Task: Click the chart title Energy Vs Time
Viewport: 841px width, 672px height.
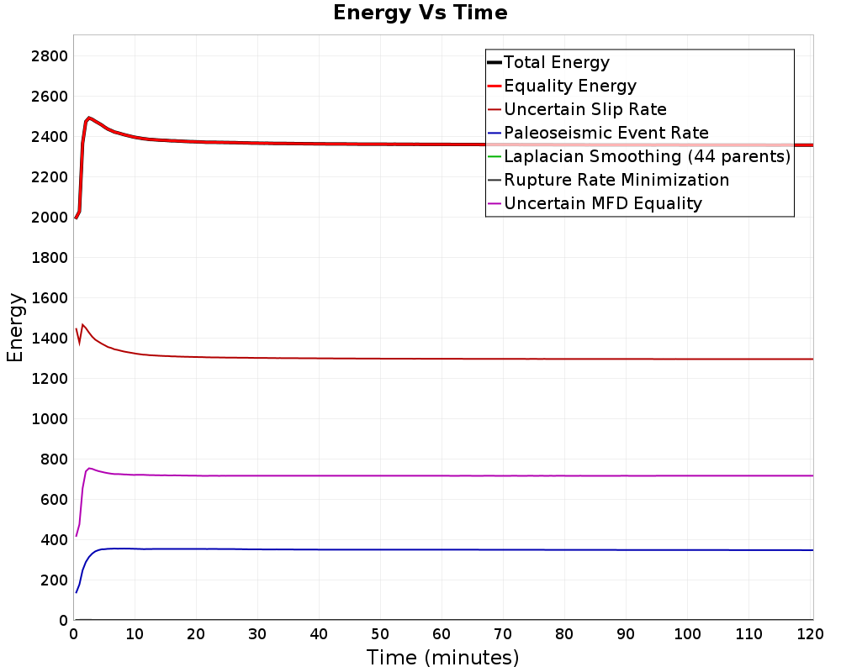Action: tap(420, 13)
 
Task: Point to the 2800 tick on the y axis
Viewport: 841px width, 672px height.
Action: tap(50, 56)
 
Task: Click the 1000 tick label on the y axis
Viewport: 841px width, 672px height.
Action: tap(50, 419)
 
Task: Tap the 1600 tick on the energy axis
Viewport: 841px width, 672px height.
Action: tap(50, 298)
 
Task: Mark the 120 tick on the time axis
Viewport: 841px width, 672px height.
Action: tap(810, 634)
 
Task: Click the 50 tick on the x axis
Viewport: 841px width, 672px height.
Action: tap(380, 634)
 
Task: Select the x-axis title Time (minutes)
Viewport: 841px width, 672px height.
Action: tap(442, 658)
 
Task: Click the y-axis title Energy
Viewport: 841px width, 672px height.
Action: tap(15, 328)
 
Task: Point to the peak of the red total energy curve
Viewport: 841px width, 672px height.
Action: tap(89, 118)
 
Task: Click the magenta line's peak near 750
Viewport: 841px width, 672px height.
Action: tap(89, 469)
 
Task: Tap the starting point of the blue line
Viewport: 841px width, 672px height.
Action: tap(77, 592)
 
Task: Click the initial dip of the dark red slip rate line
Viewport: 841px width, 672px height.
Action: tap(79, 343)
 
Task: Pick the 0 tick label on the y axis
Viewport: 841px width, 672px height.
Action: tap(63, 621)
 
